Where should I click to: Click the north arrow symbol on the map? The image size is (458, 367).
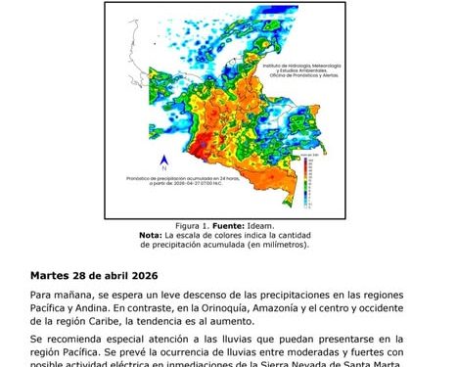[x=164, y=163]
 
